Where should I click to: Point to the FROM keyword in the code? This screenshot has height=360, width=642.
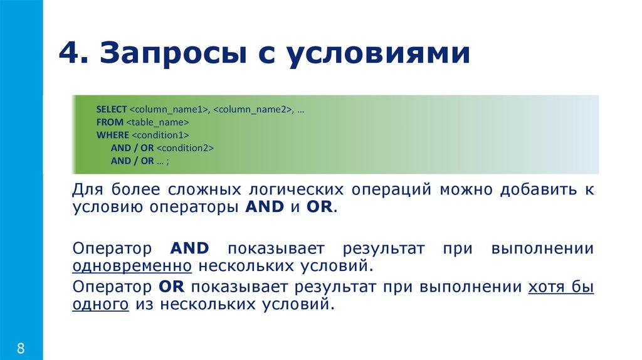pos(106,122)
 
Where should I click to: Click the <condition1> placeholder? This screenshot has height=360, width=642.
pos(160,135)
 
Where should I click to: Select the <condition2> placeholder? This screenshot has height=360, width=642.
pos(186,148)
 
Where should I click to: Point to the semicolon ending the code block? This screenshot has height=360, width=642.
pos(168,161)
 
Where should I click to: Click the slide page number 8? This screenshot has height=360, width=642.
pos(21,348)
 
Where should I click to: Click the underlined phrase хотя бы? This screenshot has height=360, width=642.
pos(562,288)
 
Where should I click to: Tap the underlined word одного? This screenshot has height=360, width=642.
pos(102,305)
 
